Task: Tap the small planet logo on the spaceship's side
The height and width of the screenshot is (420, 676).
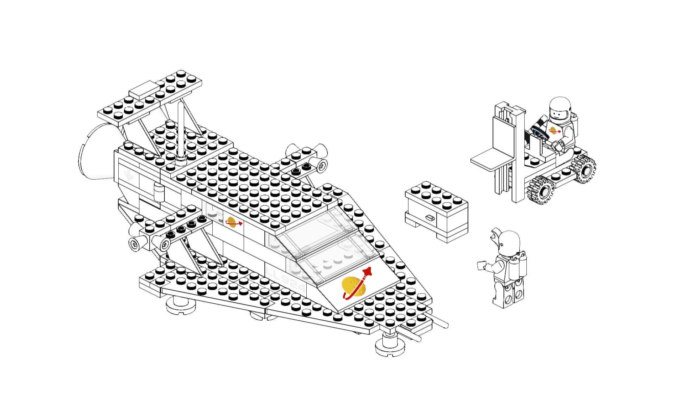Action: (232, 222)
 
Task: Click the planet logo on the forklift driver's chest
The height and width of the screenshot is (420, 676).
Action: (553, 131)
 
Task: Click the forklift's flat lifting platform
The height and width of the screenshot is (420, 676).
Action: (491, 159)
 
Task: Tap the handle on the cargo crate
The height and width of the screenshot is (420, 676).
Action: (430, 218)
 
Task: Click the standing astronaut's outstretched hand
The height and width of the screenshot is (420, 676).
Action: (481, 265)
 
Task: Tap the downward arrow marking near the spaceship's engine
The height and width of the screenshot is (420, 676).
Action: (129, 175)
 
